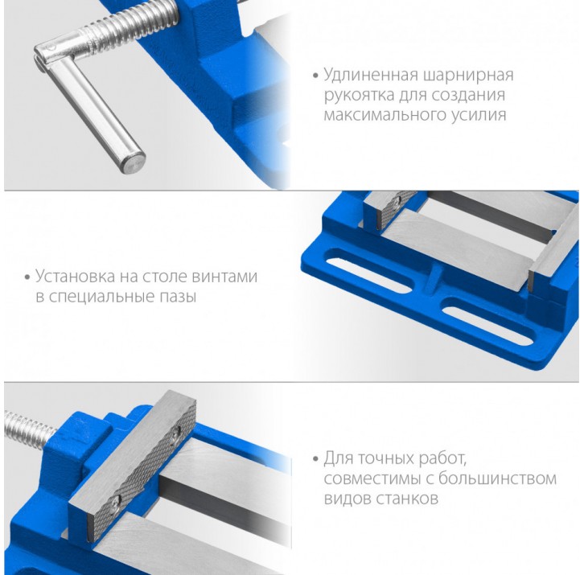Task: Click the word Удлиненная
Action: click(x=371, y=75)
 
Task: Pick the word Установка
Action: click(x=76, y=277)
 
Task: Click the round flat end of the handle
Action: click(x=134, y=164)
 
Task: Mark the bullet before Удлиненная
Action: click(x=316, y=76)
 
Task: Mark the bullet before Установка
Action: click(x=27, y=277)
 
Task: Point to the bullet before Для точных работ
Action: click(x=316, y=459)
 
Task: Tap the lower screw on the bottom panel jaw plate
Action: click(x=116, y=503)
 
